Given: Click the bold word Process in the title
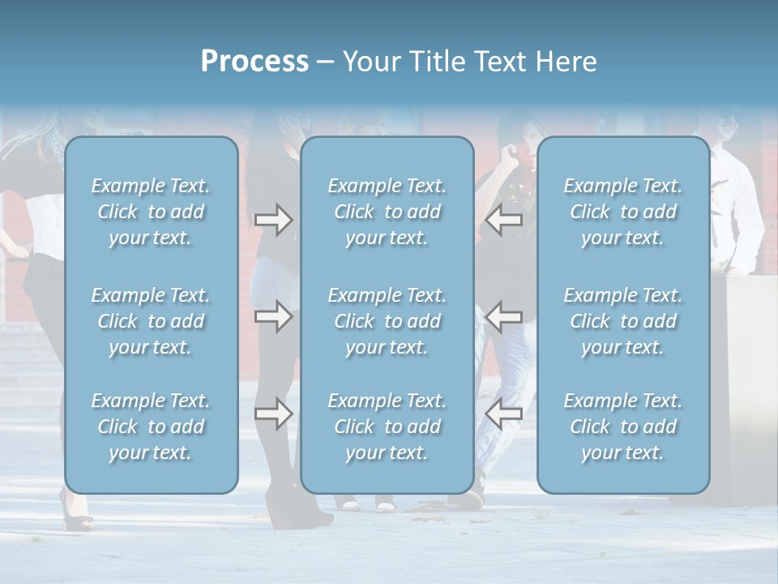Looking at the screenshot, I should (x=254, y=62).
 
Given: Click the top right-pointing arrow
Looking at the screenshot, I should (x=273, y=220).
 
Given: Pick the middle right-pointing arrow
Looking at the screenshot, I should (x=273, y=316).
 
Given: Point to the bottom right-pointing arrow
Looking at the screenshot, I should (x=273, y=414).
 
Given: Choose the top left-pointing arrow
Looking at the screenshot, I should (x=504, y=220).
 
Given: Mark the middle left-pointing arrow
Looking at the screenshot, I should (x=504, y=316).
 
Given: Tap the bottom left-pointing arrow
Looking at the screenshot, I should (x=504, y=414).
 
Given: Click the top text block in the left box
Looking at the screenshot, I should (x=151, y=212).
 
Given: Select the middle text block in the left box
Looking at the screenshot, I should (x=151, y=321).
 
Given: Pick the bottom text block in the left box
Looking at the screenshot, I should (x=151, y=427).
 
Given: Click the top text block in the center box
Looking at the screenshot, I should (x=387, y=212).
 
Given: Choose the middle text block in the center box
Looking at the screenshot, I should (x=387, y=321).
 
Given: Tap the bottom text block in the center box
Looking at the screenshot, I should (x=387, y=427).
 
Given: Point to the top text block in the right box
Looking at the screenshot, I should (x=623, y=212).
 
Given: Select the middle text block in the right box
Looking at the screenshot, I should (x=623, y=321).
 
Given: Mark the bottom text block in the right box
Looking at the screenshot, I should (x=623, y=427).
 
